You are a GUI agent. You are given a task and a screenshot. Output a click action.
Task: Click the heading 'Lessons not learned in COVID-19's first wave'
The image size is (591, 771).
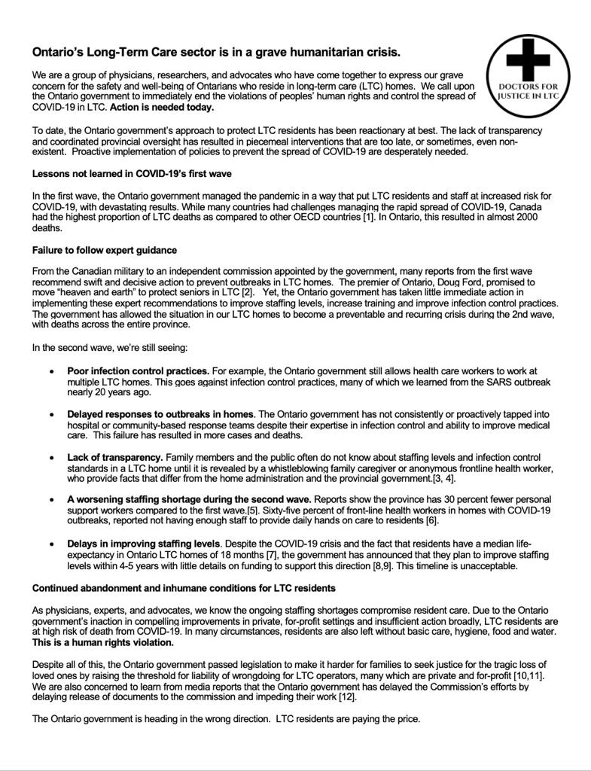click(x=132, y=173)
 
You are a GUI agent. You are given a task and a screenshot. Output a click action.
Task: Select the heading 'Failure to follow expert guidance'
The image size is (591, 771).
click(x=105, y=250)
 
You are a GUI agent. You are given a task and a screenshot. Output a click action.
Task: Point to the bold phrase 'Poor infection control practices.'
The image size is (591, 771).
click(x=138, y=371)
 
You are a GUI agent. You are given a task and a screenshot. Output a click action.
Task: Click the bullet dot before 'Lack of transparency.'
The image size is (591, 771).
click(x=51, y=457)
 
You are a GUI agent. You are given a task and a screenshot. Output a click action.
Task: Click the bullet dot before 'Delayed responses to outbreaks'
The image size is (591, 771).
click(x=51, y=414)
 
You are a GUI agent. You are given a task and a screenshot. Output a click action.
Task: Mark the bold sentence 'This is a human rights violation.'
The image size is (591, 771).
click(x=103, y=642)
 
